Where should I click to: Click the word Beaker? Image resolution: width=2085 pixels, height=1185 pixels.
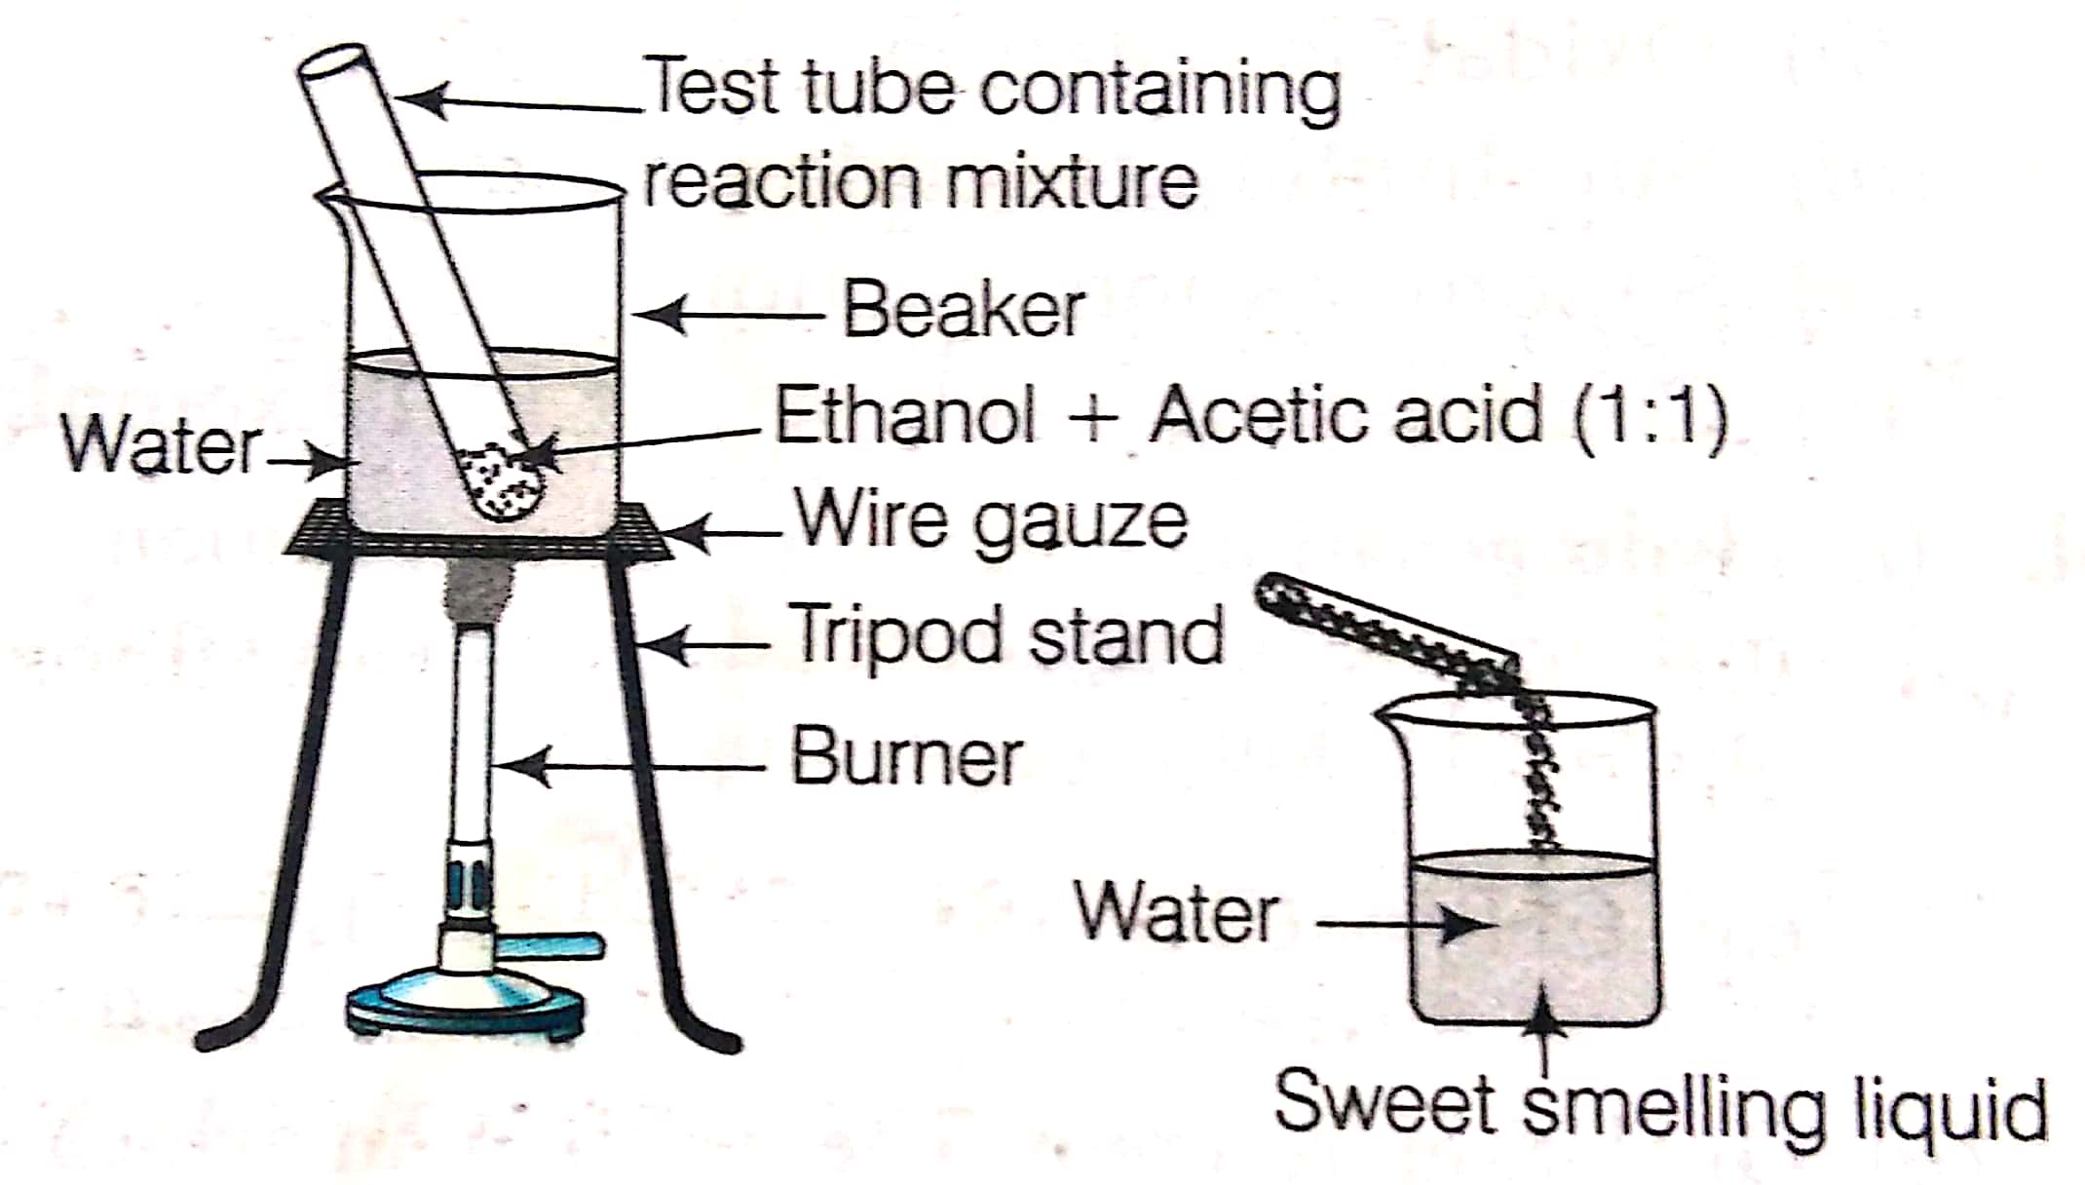pyautogui.click(x=963, y=310)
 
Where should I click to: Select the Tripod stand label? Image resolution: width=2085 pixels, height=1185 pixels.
pyautogui.click(x=1009, y=634)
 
